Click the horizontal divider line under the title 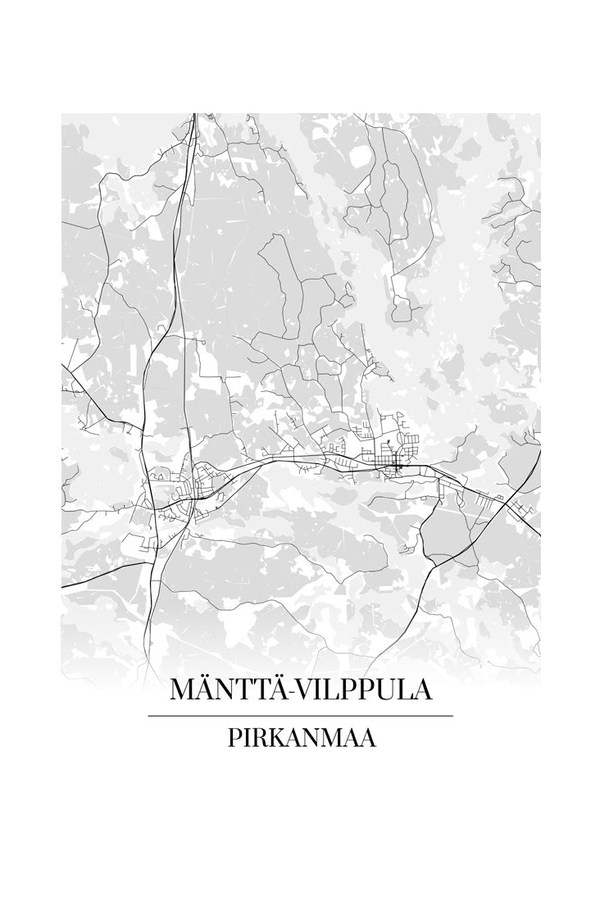tap(300, 716)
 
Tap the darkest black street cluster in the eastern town tap(398, 466)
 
